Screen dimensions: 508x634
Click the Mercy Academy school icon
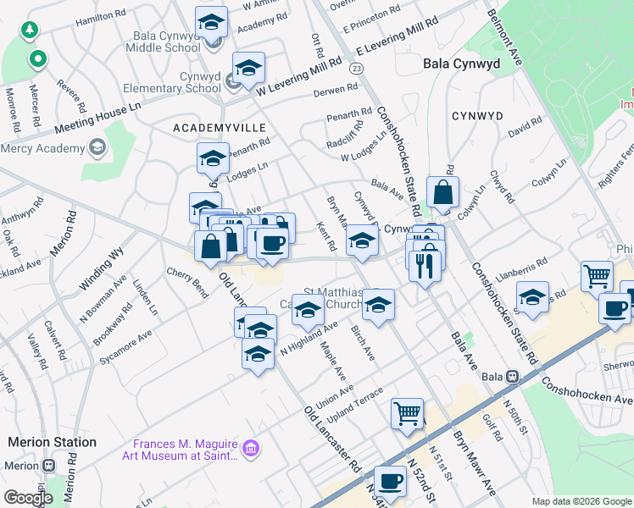pyautogui.click(x=96, y=148)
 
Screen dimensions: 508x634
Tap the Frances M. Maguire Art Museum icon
pyautogui.click(x=250, y=446)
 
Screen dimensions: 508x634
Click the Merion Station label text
pyautogui.click(x=52, y=442)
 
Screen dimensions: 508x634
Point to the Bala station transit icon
pyautogui.click(x=512, y=376)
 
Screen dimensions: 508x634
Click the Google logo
pyautogui.click(x=28, y=499)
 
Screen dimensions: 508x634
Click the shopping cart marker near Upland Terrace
pyautogui.click(x=408, y=413)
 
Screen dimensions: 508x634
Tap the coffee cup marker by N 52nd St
pyautogui.click(x=390, y=480)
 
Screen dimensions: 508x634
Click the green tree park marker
pyautogui.click(x=31, y=30)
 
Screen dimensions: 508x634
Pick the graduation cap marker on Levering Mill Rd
pyautogui.click(x=248, y=68)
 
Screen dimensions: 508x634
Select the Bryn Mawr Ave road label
pyautogui.click(x=474, y=452)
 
